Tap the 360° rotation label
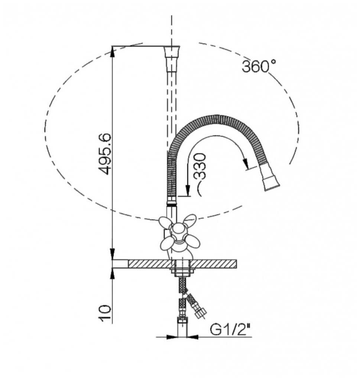259,66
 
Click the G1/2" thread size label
231,329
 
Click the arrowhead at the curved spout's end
245,163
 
